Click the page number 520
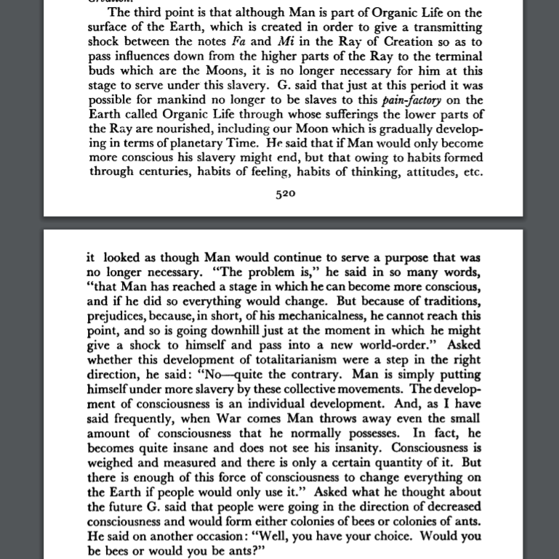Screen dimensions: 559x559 point(285,195)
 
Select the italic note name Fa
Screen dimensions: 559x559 point(228,41)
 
